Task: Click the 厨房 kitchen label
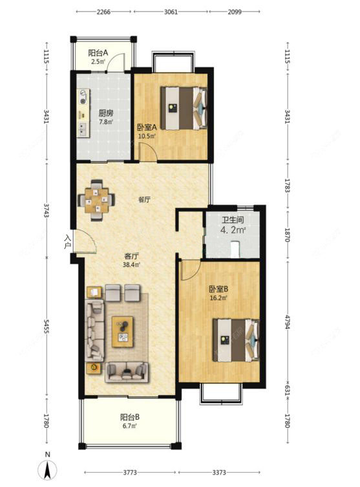tap(106, 113)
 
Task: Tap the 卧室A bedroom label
tap(147, 127)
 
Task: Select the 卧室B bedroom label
tap(218, 289)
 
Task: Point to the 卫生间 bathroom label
tap(233, 220)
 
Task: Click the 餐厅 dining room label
tap(145, 200)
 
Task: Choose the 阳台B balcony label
tap(130, 417)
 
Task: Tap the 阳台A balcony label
tap(98, 53)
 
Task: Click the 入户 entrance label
tap(68, 242)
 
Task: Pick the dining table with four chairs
tap(96, 200)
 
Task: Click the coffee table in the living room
tap(123, 331)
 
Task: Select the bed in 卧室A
tap(184, 108)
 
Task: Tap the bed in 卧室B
tap(236, 340)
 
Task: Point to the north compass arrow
tap(47, 470)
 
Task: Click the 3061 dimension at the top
tap(171, 12)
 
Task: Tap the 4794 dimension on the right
tap(287, 321)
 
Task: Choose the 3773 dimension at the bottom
tap(130, 472)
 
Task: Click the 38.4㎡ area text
tap(132, 265)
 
